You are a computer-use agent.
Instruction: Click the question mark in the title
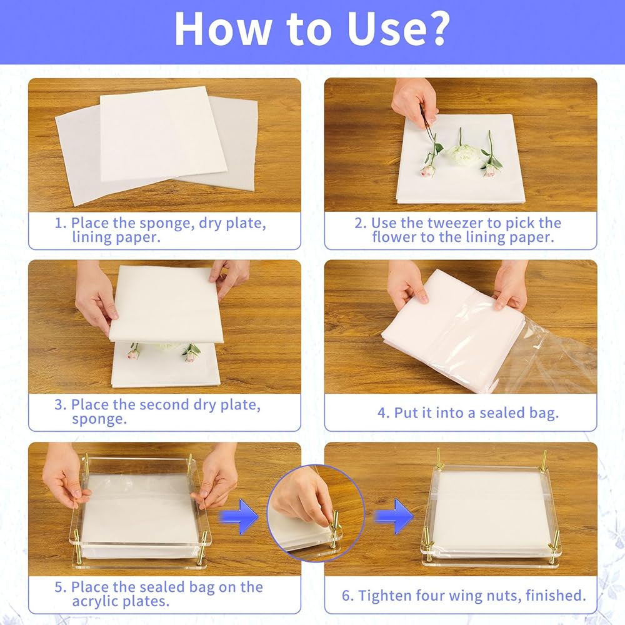click(436, 29)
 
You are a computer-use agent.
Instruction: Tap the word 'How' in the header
click(222, 29)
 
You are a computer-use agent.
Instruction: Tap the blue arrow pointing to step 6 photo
click(394, 517)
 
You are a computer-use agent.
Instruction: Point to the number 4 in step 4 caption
click(381, 413)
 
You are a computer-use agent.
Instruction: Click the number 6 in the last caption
click(346, 596)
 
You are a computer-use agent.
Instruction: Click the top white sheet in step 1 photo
click(163, 133)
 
